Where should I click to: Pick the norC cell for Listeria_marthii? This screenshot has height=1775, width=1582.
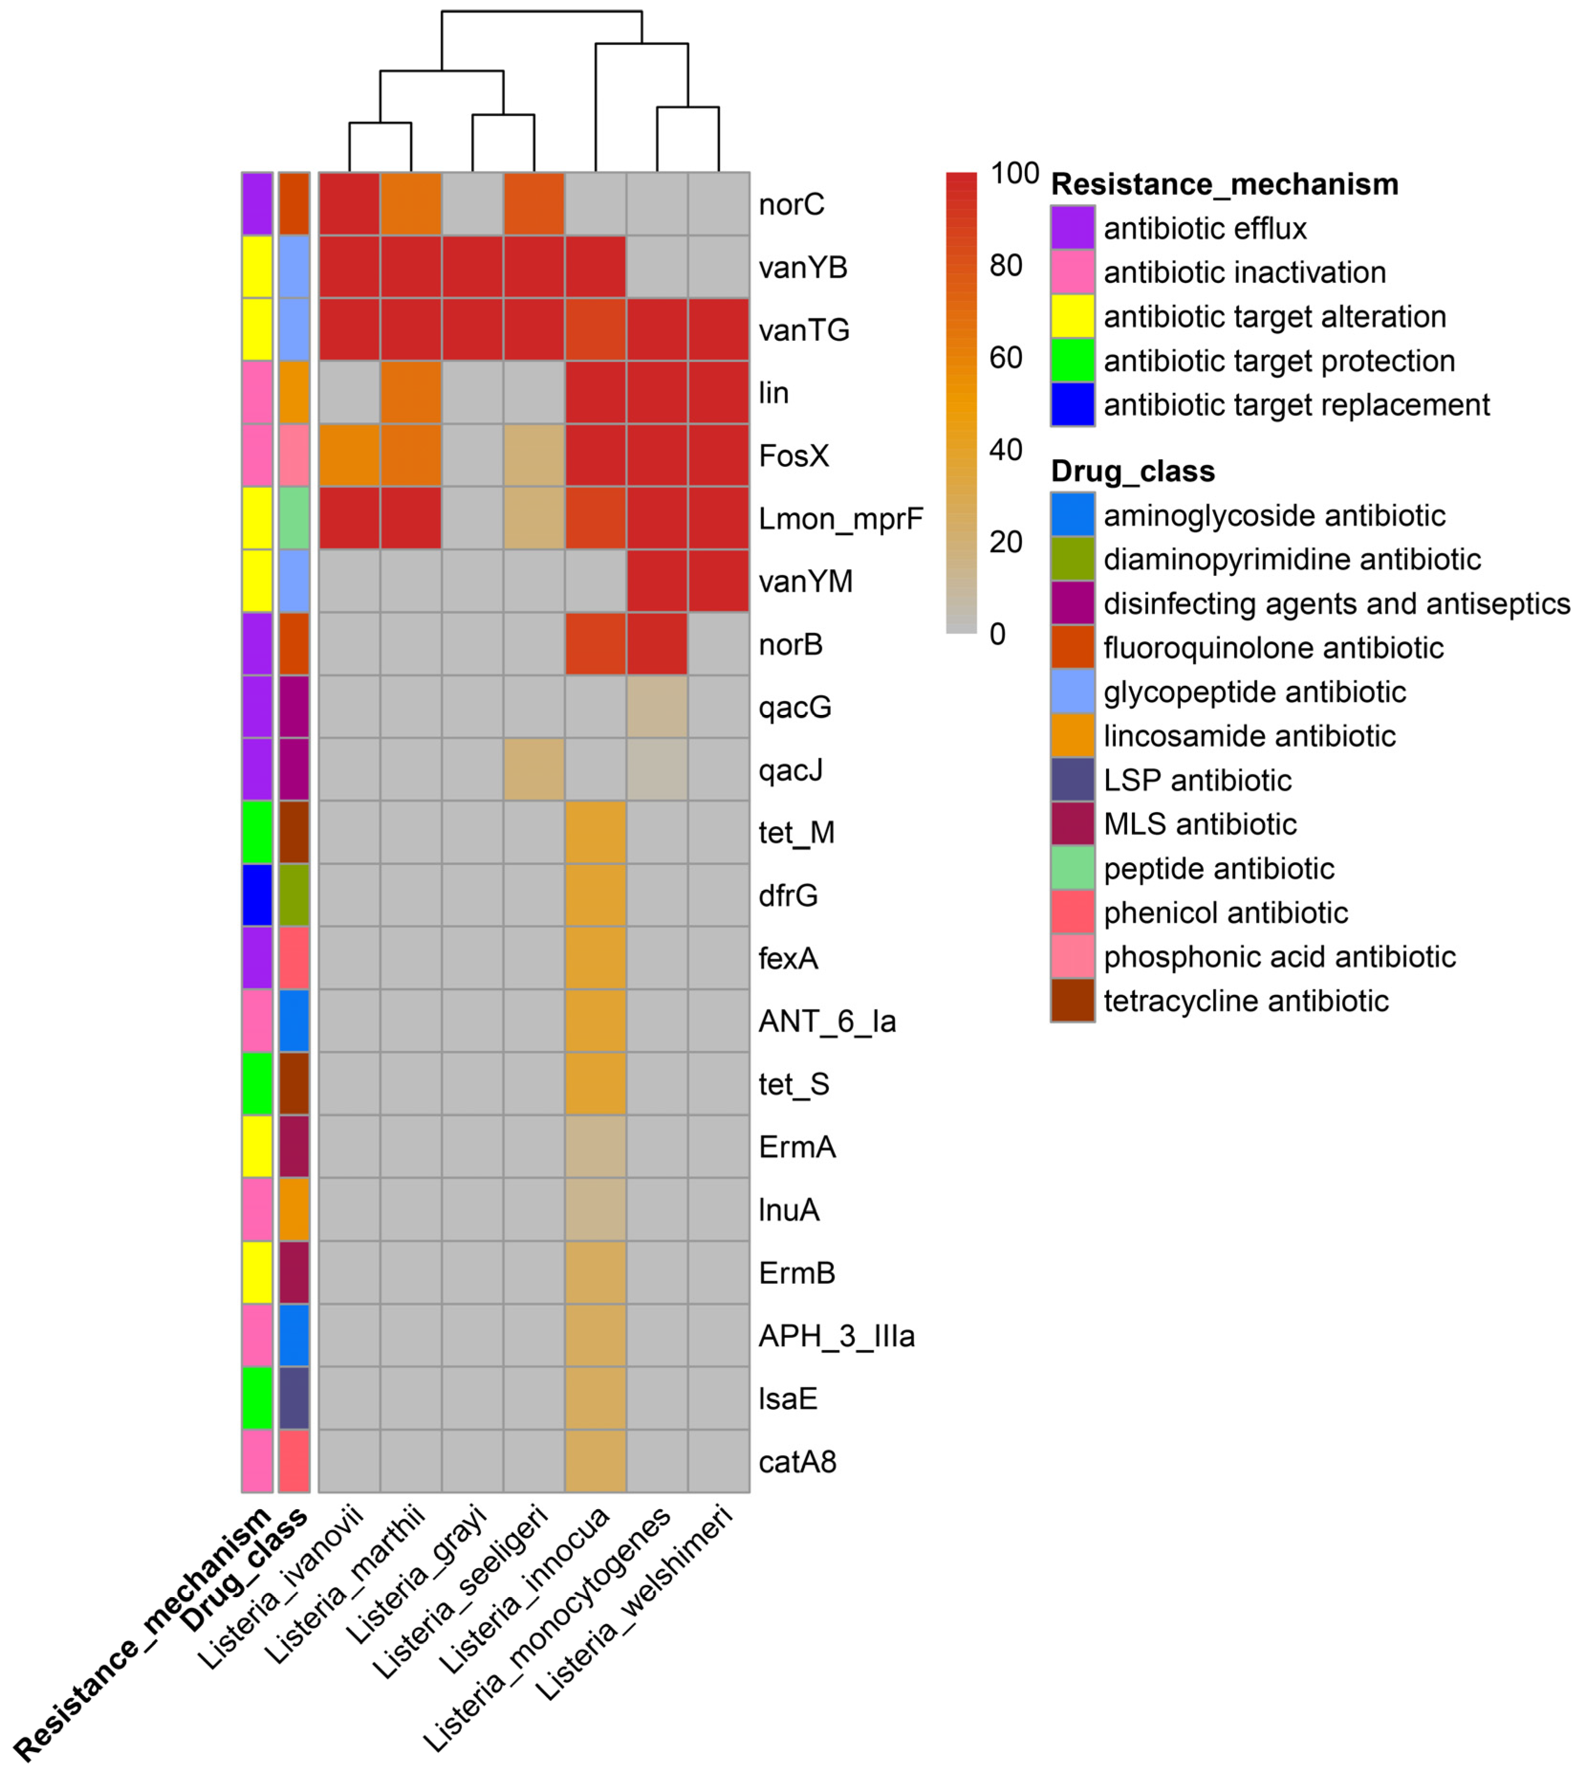pos(410,204)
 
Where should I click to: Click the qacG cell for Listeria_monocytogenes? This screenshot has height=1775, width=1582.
pos(657,707)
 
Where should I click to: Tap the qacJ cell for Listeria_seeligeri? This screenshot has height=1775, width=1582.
pos(534,770)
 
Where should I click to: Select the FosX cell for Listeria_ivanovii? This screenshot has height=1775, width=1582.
pos(349,455)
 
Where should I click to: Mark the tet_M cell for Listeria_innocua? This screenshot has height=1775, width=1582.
pos(595,833)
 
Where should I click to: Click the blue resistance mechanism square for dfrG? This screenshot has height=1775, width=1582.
pos(257,895)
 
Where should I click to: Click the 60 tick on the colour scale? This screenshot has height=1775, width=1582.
pos(1006,357)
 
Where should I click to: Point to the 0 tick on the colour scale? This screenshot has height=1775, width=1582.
pos(997,634)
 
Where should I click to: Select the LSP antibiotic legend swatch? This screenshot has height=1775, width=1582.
pos(1072,779)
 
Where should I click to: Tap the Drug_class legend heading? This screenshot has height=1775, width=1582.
pos(1132,471)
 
